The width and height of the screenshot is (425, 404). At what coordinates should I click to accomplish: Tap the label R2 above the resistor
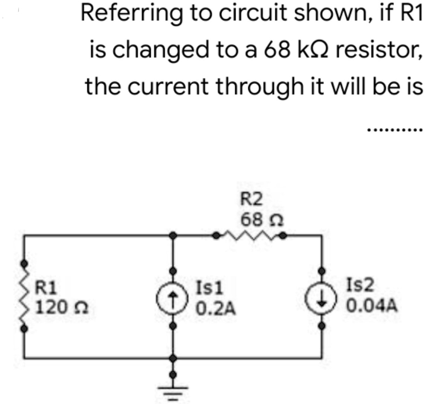pyautogui.click(x=252, y=200)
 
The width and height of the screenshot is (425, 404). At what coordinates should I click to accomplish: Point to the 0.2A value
pyautogui.click(x=215, y=307)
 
